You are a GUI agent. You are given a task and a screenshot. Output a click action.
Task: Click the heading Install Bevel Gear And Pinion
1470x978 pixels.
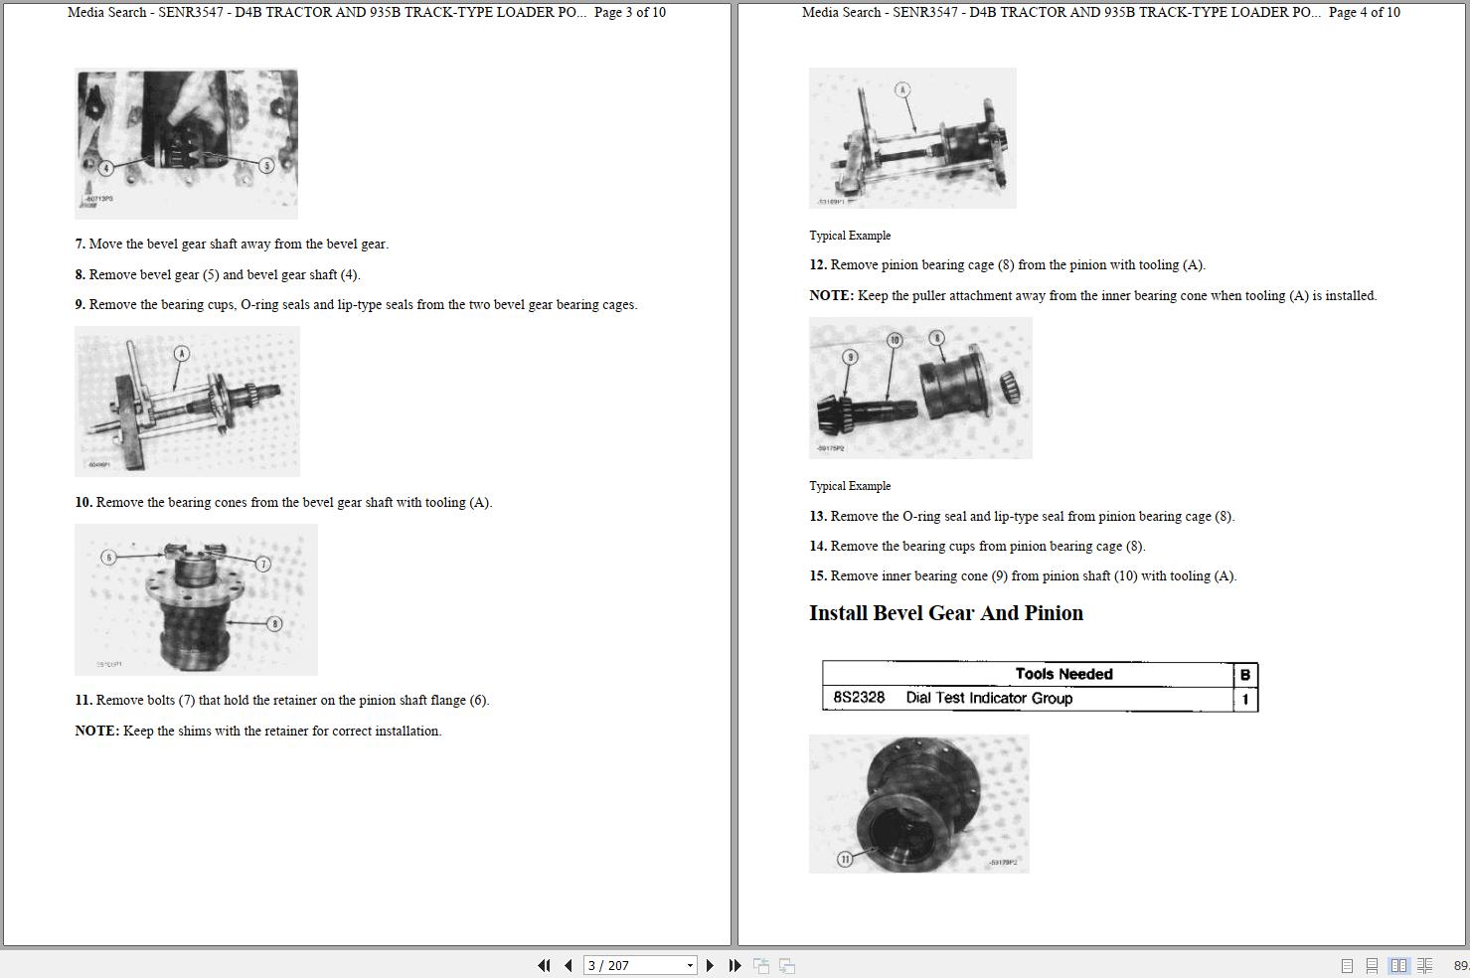tap(945, 613)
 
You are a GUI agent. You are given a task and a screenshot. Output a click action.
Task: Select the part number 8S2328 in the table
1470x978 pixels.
tap(859, 698)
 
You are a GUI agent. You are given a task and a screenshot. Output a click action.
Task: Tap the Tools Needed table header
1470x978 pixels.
tap(1063, 674)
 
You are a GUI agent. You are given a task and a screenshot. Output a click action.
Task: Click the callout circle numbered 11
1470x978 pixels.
tap(845, 859)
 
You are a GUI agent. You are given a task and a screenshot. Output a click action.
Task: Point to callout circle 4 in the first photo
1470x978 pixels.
tap(105, 168)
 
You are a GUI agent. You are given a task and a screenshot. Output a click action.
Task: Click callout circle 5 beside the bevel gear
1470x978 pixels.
tap(265, 165)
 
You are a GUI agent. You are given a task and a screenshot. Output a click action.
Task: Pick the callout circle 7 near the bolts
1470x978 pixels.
tap(263, 565)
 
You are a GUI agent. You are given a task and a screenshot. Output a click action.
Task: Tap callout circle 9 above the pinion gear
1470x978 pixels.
tap(850, 357)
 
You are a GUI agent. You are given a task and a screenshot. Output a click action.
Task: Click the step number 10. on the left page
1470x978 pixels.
tap(83, 503)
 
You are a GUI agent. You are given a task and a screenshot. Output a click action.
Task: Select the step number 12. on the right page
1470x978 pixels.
tap(818, 265)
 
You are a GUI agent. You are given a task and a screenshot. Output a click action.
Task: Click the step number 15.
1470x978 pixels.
tap(818, 576)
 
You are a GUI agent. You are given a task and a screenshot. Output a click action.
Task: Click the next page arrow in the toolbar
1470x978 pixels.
tap(710, 965)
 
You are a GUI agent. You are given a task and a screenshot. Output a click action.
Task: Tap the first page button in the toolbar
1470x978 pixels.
tap(544, 965)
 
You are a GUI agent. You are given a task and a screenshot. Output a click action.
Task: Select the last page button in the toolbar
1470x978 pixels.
tap(735, 965)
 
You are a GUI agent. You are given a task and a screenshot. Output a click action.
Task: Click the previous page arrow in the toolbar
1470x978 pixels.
tap(569, 965)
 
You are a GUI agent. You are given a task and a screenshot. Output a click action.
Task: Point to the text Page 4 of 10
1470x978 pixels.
tap(1364, 13)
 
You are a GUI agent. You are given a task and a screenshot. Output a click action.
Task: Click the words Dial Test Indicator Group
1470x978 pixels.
tap(989, 698)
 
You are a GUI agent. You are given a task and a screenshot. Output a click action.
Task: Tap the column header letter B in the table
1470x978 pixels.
tap(1244, 675)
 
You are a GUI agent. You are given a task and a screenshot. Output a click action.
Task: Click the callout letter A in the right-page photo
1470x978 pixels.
tap(902, 90)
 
